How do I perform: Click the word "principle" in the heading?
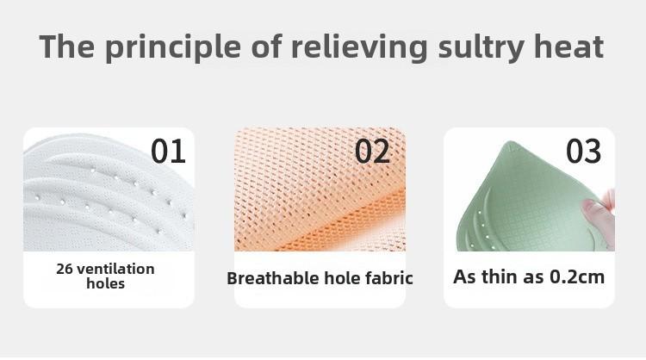click(172, 47)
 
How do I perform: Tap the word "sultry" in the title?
click(481, 47)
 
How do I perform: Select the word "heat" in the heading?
click(568, 47)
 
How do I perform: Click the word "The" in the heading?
click(66, 47)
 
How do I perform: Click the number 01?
click(168, 151)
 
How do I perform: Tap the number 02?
click(372, 151)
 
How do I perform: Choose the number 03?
click(583, 151)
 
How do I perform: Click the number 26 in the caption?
click(65, 269)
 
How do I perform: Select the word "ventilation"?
click(115, 269)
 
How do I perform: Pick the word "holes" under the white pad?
click(105, 283)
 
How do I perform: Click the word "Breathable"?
click(273, 278)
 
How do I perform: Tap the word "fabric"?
click(389, 278)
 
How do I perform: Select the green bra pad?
click(527, 197)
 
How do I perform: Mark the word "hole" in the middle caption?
click(342, 278)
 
